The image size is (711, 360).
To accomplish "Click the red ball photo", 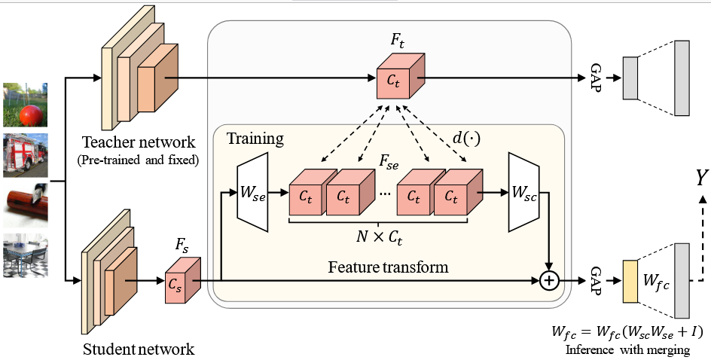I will click(26, 105).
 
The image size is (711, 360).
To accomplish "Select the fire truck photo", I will click(26, 155).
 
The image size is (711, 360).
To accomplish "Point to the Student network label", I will click(139, 349).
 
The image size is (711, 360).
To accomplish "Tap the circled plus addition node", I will click(550, 281).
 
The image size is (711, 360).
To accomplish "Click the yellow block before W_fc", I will click(630, 281).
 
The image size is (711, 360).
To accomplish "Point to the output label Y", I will click(701, 178).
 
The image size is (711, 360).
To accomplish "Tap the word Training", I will click(255, 139).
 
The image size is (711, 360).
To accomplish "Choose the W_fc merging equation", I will click(627, 331).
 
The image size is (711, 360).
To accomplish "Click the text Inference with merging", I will click(627, 349).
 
